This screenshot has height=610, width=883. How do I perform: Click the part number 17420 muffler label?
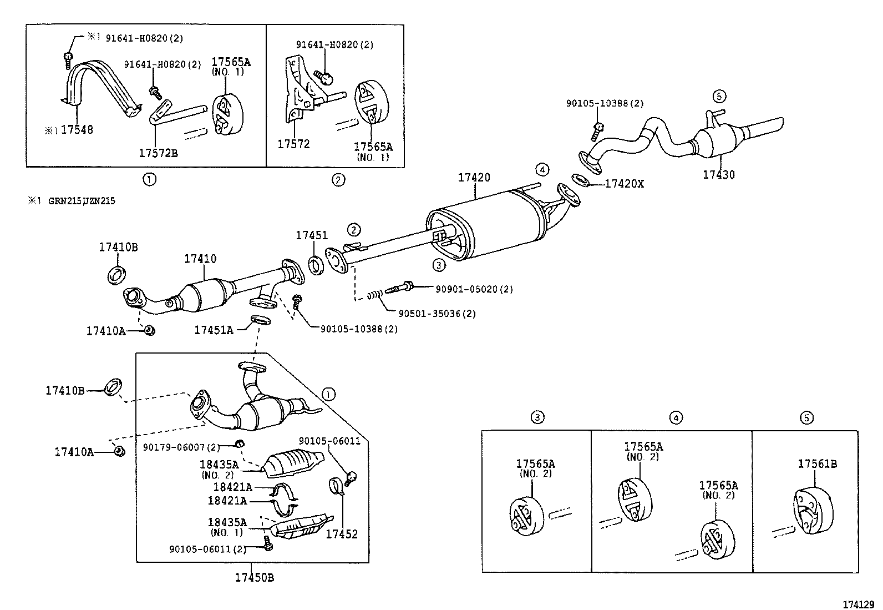click(x=474, y=178)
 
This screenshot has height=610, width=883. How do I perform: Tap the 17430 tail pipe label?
click(x=718, y=175)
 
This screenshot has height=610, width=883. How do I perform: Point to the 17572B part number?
click(x=158, y=154)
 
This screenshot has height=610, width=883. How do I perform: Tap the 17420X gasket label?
click(x=624, y=184)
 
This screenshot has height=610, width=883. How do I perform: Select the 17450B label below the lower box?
click(x=254, y=578)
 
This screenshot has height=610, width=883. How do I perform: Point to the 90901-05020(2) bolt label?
click(x=474, y=289)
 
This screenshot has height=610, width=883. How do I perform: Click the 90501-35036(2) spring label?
click(x=437, y=314)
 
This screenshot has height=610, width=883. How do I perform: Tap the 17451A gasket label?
click(x=214, y=330)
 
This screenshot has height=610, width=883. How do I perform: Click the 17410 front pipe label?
click(x=200, y=259)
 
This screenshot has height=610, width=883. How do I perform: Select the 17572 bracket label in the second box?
click(x=293, y=144)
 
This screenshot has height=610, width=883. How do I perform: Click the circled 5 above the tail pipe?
click(x=718, y=97)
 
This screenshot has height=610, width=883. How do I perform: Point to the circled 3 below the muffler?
click(x=439, y=265)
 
